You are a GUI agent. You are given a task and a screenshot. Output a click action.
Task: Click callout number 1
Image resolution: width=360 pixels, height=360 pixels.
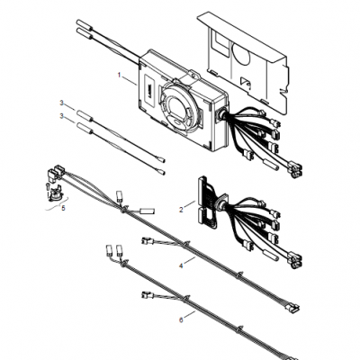coord(120,75)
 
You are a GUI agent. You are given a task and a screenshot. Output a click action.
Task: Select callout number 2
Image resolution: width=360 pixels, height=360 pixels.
coord(181,210)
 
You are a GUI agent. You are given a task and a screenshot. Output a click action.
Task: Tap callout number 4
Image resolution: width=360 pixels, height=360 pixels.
coord(181,265)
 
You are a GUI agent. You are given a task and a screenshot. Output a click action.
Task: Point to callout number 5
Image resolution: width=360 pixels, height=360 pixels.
coord(63,208)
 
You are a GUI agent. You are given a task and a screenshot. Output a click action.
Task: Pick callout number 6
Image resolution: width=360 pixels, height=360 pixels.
coord(181,320)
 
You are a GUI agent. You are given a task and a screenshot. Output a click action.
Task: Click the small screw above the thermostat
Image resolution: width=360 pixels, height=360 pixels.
coord(48,186)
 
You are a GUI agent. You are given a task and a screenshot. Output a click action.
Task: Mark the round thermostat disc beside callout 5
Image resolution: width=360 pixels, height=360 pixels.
coord(54,193)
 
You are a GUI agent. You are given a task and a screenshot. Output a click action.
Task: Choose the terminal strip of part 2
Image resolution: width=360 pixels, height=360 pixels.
coord(206,202)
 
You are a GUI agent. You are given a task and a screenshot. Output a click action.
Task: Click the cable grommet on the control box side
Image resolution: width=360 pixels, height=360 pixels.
coord(221,114)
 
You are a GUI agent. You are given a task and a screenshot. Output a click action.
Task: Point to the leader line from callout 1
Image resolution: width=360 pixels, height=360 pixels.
coord(130,81)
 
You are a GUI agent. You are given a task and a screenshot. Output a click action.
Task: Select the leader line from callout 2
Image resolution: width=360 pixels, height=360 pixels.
coord(190,204)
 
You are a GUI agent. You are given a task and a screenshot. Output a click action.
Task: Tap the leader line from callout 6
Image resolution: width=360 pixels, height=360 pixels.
coord(190,315)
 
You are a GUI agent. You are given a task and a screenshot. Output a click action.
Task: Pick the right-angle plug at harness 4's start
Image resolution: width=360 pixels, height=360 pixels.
coord(54,173)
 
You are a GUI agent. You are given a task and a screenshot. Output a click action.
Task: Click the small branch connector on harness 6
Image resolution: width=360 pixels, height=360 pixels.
coord(148,295)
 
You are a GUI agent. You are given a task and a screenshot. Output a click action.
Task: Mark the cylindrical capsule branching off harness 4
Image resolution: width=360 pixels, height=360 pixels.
coord(148,211)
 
